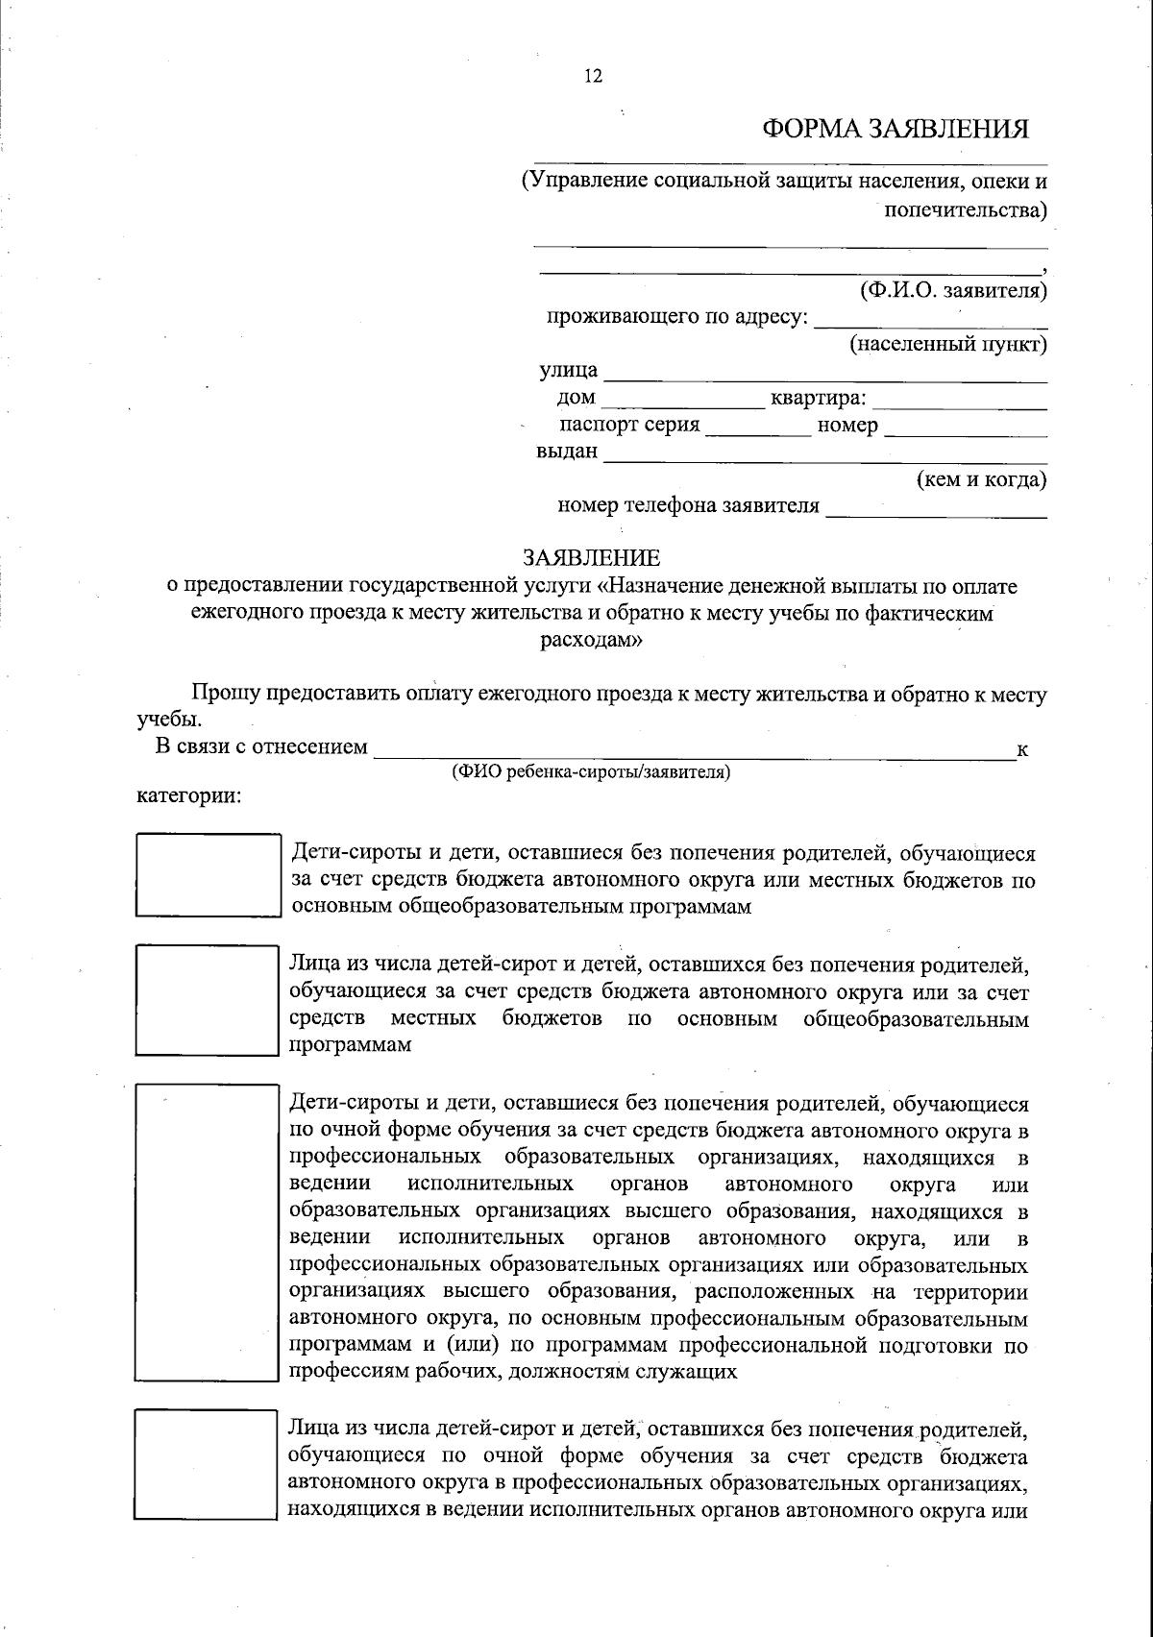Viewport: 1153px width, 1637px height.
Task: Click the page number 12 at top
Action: (593, 77)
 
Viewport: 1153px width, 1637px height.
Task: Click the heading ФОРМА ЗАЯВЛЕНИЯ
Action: (895, 129)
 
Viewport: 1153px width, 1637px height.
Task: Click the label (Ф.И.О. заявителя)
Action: (952, 289)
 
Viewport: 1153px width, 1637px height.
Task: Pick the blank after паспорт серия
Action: (759, 429)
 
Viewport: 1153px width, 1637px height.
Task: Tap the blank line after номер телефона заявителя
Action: (936, 510)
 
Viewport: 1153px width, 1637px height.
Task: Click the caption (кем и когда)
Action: (981, 478)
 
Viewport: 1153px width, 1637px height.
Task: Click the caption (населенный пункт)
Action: (947, 343)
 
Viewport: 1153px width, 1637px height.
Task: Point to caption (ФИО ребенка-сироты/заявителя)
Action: (591, 771)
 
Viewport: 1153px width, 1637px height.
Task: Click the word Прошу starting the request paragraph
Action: (224, 694)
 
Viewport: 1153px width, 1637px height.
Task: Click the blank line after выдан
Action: (824, 456)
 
